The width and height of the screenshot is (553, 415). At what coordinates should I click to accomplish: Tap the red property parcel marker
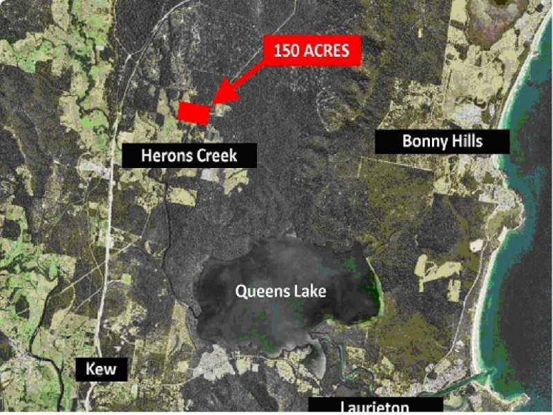[194, 112]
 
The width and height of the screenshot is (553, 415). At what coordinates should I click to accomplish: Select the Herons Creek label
[189, 156]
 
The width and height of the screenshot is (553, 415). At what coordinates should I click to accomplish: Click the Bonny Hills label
[442, 142]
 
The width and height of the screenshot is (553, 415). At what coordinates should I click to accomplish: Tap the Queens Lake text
[281, 291]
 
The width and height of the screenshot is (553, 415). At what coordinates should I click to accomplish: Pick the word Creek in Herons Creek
[215, 156]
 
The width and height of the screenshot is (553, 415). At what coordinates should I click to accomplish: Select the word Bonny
[423, 142]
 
